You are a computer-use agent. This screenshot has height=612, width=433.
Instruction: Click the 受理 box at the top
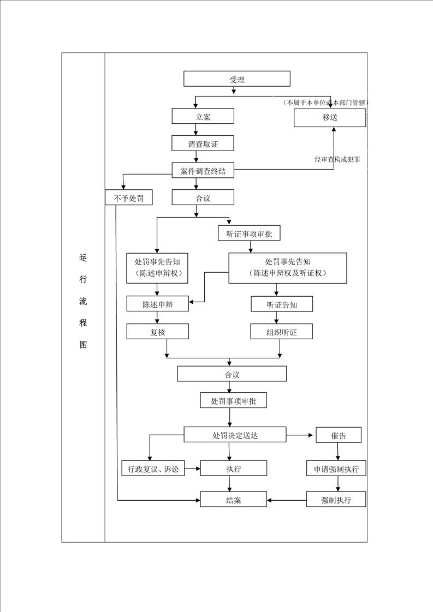pyautogui.click(x=237, y=79)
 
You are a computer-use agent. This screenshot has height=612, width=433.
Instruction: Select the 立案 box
pyautogui.click(x=203, y=116)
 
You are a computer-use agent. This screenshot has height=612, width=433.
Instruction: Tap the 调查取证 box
pyautogui.click(x=203, y=143)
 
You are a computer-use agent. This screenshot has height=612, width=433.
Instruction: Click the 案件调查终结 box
pyautogui.click(x=203, y=171)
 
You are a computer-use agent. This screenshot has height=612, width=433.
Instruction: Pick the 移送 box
pyautogui.click(x=330, y=117)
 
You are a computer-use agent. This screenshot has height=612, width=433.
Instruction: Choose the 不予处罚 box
pyautogui.click(x=128, y=198)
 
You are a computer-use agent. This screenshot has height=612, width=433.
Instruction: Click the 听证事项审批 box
pyautogui.click(x=250, y=234)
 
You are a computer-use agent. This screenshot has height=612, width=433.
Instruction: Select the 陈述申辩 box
pyautogui.click(x=157, y=304)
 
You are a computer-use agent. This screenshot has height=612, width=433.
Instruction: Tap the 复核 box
pyautogui.click(x=157, y=332)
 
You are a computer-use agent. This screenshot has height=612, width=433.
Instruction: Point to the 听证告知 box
pyautogui.click(x=282, y=304)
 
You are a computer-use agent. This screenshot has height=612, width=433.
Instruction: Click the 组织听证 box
pyautogui.click(x=282, y=332)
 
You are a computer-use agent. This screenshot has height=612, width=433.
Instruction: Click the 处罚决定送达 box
pyautogui.click(x=235, y=435)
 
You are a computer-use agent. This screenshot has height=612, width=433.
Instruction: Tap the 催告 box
pyautogui.click(x=339, y=435)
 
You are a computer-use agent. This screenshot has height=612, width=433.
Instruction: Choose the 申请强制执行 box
pyautogui.click(x=336, y=469)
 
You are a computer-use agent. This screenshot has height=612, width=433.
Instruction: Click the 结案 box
pyautogui.click(x=234, y=500)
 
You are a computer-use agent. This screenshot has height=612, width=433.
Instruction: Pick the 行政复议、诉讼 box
pyautogui.click(x=153, y=469)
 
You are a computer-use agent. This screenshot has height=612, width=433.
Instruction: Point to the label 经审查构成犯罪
pyautogui.click(x=337, y=159)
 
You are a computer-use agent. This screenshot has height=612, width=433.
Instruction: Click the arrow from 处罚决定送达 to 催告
pyautogui.click(x=300, y=435)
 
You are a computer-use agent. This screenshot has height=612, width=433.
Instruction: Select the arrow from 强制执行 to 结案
pyautogui.click(x=287, y=500)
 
